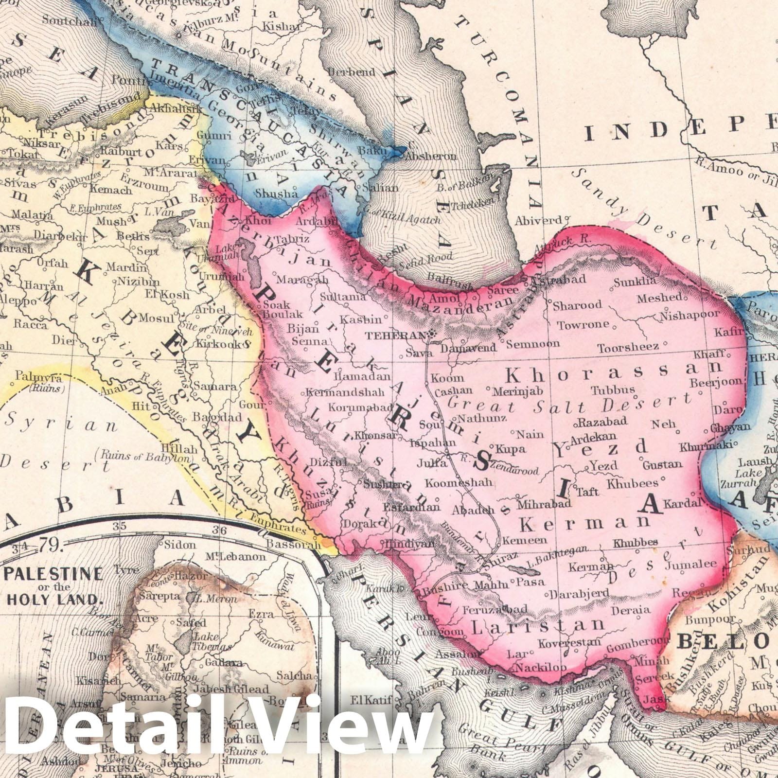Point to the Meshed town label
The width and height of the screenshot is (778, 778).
click(x=659, y=297)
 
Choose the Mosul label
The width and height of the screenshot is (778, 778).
click(x=157, y=318)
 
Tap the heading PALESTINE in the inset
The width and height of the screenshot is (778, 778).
click(x=53, y=574)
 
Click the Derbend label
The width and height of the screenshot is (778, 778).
click(x=352, y=72)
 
